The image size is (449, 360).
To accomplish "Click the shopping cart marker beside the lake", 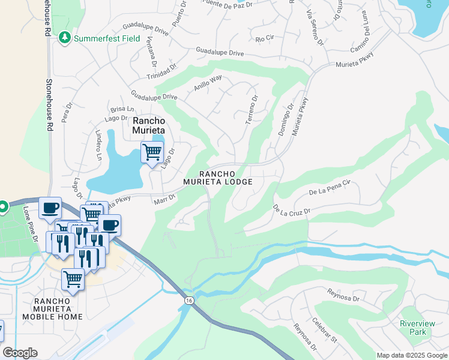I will [x=152, y=152].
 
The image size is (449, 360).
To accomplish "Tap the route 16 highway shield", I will [x=189, y=300].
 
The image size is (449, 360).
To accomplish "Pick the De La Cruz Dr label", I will [x=292, y=211].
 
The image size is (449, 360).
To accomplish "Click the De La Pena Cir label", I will [x=330, y=188].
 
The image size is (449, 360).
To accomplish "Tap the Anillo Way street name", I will [x=208, y=83].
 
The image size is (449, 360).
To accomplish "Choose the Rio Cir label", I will [x=265, y=39].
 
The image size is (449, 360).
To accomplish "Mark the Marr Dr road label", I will [x=164, y=199].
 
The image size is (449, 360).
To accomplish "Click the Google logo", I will [x=20, y=353].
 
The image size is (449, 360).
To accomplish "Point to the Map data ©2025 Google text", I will [x=412, y=355].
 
